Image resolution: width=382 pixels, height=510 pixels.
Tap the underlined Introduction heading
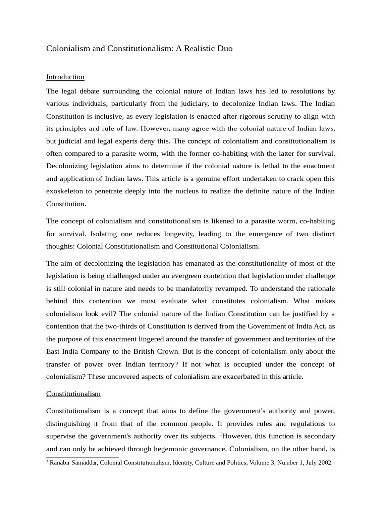(65, 77)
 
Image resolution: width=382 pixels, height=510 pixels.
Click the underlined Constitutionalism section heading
(74, 393)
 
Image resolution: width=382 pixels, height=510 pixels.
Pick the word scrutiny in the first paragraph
(267, 116)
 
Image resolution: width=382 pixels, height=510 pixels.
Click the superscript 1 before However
(221, 434)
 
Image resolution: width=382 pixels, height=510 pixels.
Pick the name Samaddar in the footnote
(88, 462)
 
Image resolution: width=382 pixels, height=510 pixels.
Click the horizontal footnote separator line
(83, 456)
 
